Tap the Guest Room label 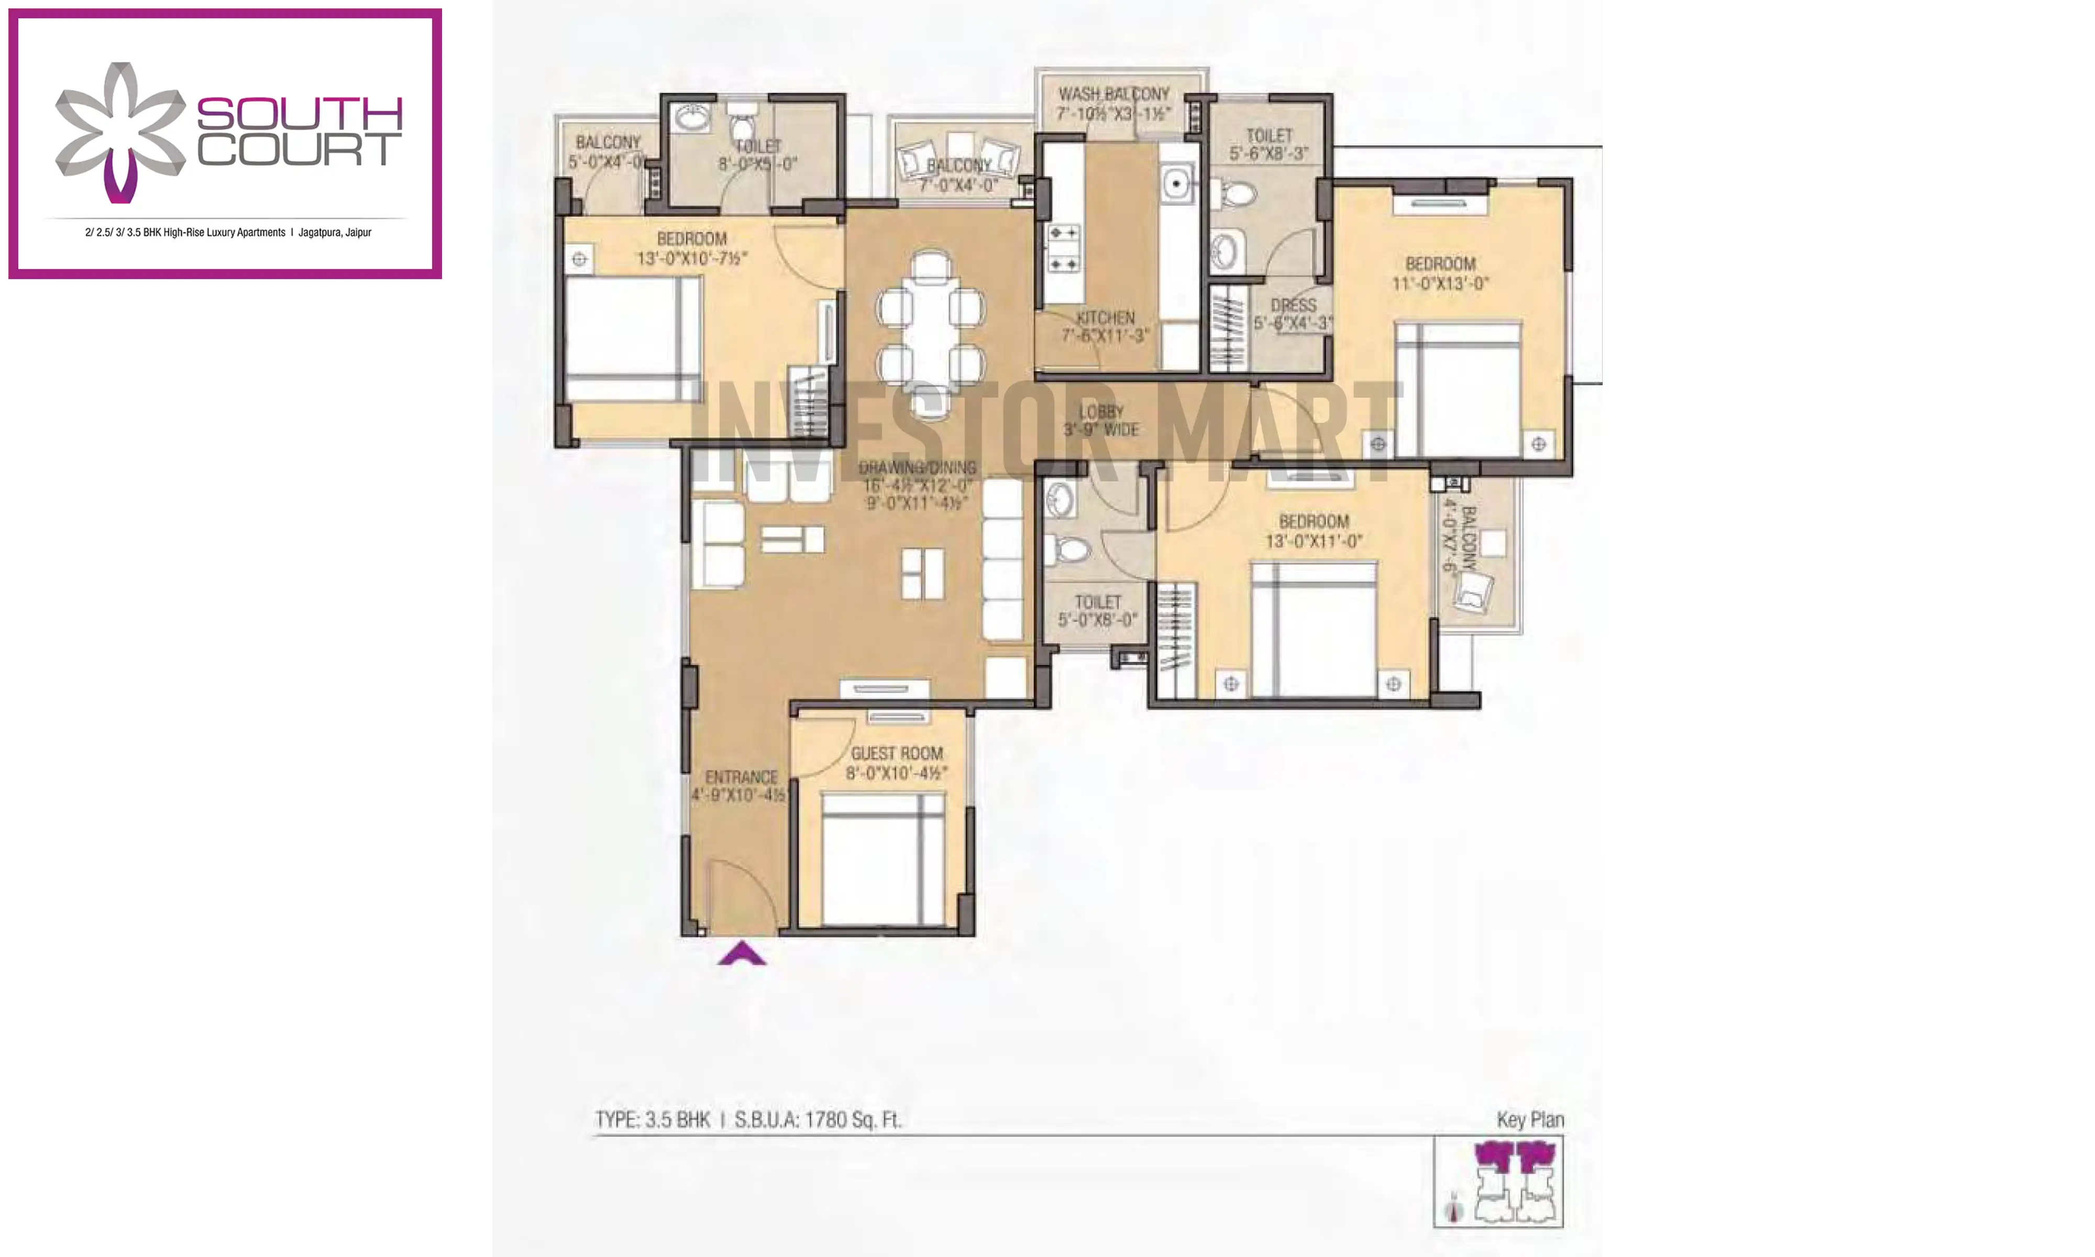897,753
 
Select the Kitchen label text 1105,317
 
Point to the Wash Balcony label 1113,94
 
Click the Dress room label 1293,305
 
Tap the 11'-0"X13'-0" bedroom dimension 1440,284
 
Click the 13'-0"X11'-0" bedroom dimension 1314,541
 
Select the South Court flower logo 120,132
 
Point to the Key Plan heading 1529,1120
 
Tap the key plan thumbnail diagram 1497,1182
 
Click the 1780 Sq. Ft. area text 852,1120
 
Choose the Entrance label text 741,777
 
